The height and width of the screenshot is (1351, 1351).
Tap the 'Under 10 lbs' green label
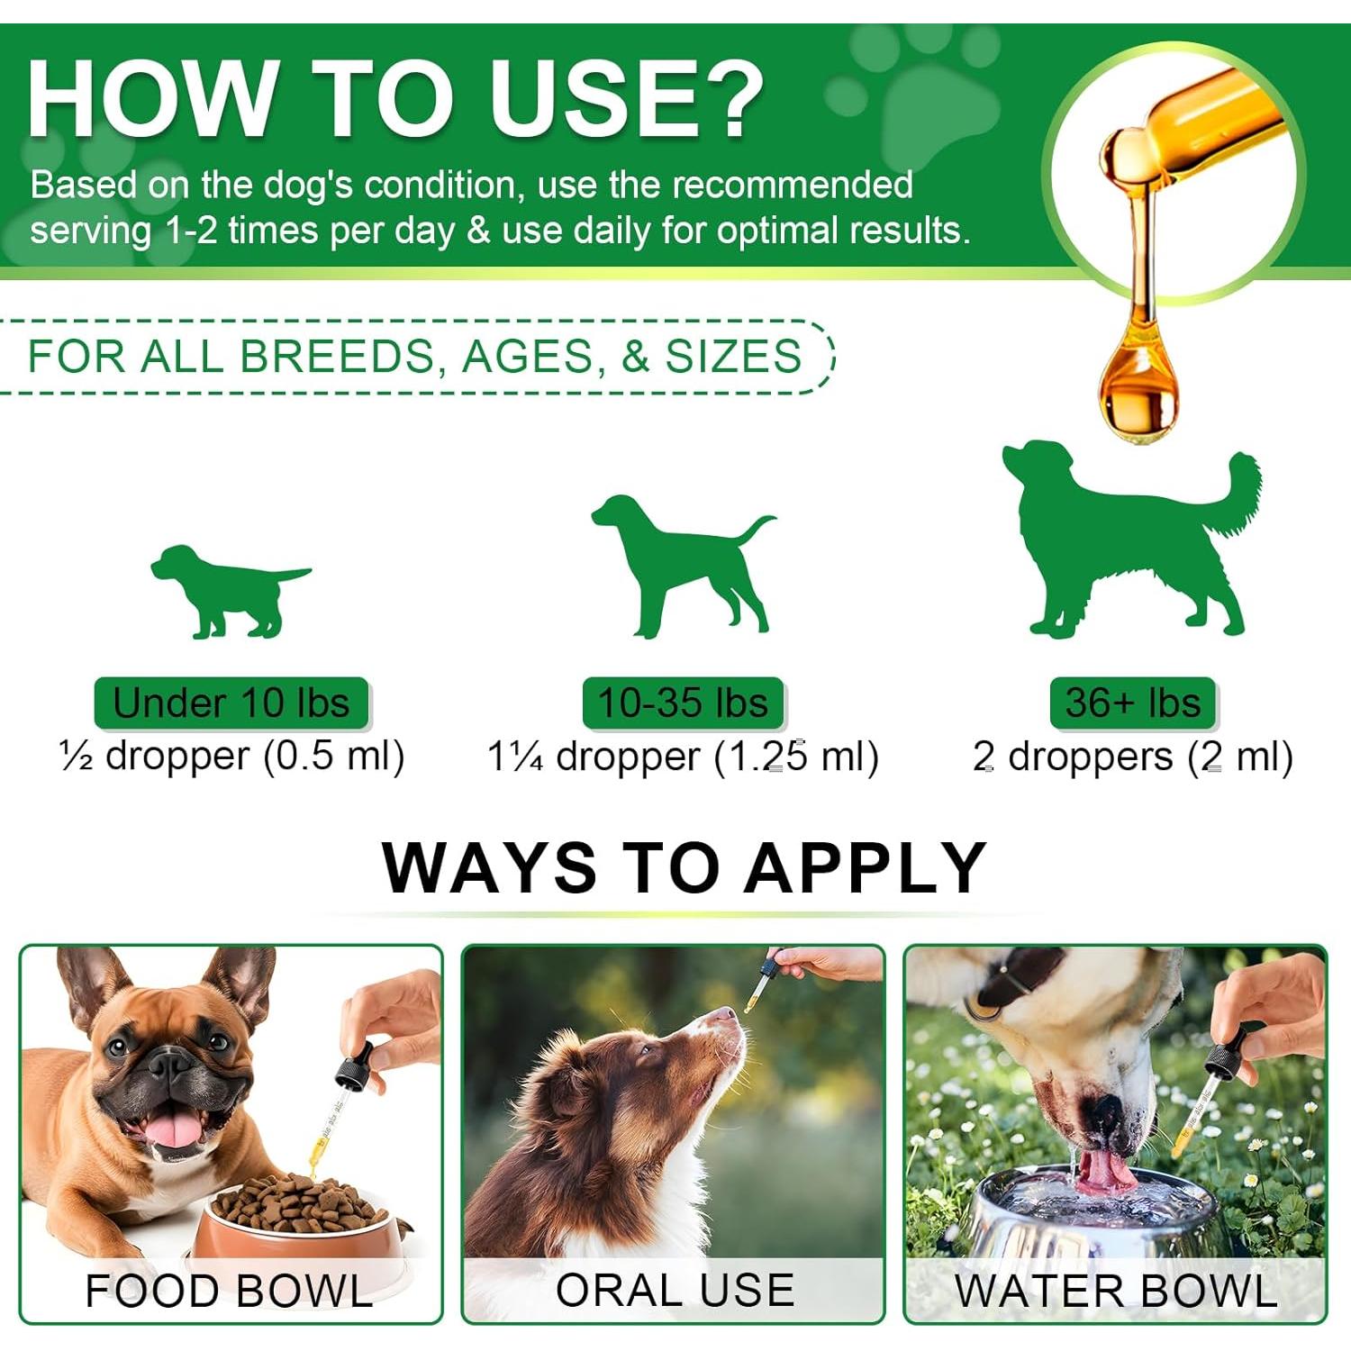[x=231, y=703]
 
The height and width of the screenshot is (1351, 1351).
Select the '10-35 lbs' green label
[x=683, y=703]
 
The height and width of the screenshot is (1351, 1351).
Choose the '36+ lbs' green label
[x=1133, y=703]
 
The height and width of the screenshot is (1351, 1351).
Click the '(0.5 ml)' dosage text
[x=334, y=757]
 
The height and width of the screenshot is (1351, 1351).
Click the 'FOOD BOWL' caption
[x=229, y=1291]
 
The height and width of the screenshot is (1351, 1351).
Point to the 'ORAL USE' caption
[x=675, y=1290]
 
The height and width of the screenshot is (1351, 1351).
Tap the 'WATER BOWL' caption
[x=1117, y=1291]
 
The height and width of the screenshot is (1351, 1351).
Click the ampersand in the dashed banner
[x=635, y=357]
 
